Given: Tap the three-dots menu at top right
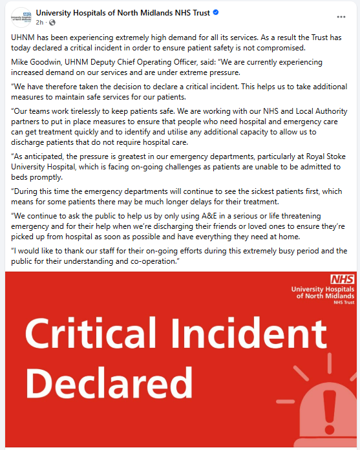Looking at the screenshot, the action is point(341,16).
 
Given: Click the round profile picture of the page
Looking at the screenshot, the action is point(21,17).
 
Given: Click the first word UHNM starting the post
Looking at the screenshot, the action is point(25,38).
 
